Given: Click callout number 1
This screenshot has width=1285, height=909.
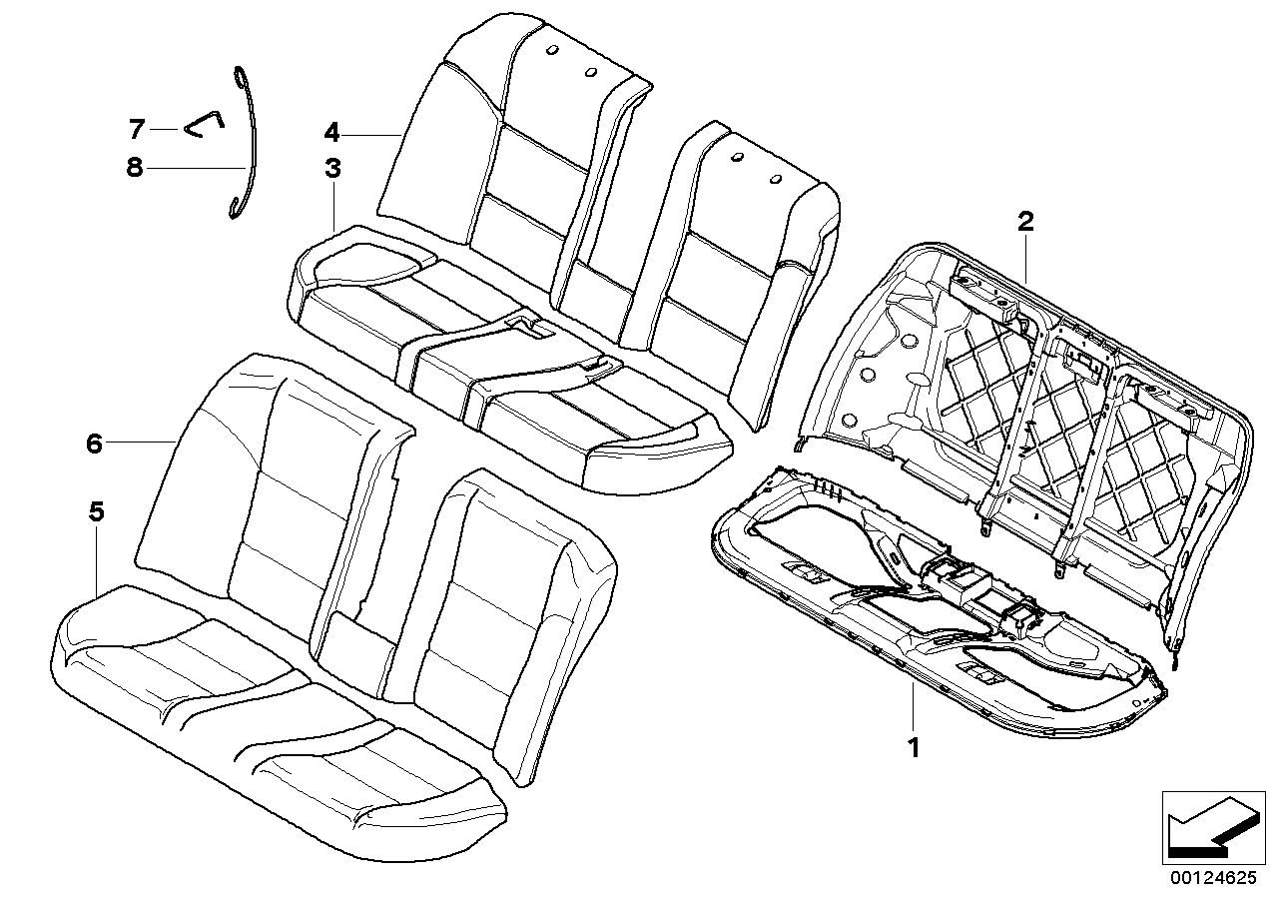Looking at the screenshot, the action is (x=914, y=747).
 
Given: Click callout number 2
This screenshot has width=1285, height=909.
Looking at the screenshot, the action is (x=1025, y=222).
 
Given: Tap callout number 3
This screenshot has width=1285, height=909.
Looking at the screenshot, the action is (x=332, y=168).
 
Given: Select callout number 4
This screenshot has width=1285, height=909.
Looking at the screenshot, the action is (x=331, y=133).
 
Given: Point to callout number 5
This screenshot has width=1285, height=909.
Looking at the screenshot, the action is (x=97, y=510).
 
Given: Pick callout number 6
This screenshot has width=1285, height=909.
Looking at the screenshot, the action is (x=94, y=444).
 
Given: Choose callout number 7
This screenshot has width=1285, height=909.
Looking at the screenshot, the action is (x=137, y=129).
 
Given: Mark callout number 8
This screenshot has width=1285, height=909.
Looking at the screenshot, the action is (x=134, y=168).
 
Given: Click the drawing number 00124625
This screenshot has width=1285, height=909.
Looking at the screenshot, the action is (x=1213, y=893).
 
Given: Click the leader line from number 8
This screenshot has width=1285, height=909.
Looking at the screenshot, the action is (x=196, y=168).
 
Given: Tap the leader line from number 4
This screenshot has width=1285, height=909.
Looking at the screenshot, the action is (x=371, y=134).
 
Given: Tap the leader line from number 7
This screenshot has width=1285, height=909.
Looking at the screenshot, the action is (x=164, y=130).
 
